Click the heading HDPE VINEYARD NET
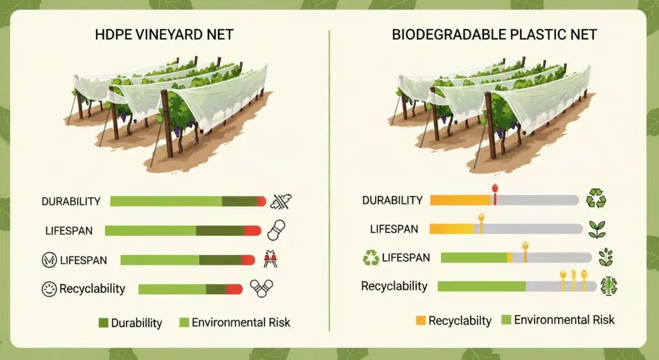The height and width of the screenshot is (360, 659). (165, 33)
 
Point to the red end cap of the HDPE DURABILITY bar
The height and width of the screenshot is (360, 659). (261, 202)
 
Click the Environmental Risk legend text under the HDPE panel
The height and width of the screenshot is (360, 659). (241, 323)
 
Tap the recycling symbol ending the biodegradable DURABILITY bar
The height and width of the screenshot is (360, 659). (596, 199)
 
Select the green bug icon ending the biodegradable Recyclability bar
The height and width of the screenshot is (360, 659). (609, 285)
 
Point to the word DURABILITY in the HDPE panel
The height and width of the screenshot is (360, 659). (71, 202)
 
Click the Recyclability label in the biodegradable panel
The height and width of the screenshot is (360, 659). (394, 286)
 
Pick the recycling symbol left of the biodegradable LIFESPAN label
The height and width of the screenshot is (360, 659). (371, 258)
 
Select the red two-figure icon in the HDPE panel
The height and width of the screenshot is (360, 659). (270, 260)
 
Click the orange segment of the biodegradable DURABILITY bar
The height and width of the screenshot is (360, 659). (459, 200)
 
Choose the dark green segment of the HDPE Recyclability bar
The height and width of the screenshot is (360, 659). (216, 289)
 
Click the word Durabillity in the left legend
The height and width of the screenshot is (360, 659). (136, 323)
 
